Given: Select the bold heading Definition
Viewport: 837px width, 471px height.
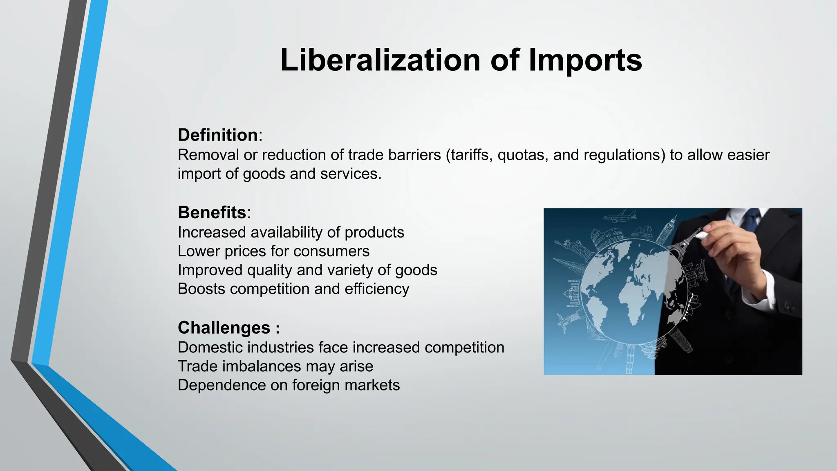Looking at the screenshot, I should coord(217,135).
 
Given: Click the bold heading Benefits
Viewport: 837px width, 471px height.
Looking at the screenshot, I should coord(212,212).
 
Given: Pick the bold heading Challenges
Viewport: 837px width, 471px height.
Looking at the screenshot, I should coord(224,327).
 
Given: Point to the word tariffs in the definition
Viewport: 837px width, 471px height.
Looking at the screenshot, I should coord(470,155).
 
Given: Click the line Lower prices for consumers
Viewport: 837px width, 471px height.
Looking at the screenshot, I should coord(273,251).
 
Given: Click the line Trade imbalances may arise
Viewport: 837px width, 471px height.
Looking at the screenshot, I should coord(275,366).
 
